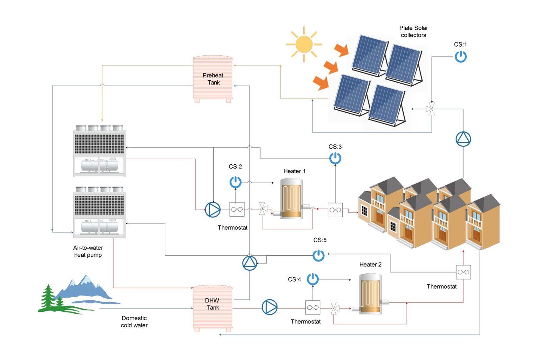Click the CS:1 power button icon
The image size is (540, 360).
pyautogui.click(x=460, y=56)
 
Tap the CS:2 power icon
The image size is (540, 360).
pyautogui.click(x=235, y=182)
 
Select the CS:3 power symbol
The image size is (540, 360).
pyautogui.click(x=335, y=158)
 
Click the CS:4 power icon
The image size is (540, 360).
pyautogui.click(x=313, y=279)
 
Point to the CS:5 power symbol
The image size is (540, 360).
pyautogui.click(x=319, y=255)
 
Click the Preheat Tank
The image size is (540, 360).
pyautogui.click(x=213, y=79)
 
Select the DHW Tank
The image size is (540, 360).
pyautogui.click(x=213, y=307)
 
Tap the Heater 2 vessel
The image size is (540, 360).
pyautogui.click(x=370, y=294)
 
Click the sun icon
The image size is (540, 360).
pyautogui.click(x=304, y=44)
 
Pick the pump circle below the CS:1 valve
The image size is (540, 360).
pyautogui.click(x=463, y=139)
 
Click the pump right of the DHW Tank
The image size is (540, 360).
pyautogui.click(x=269, y=307)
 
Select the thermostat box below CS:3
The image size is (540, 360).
pyautogui.click(x=335, y=210)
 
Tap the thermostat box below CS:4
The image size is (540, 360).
pyautogui.click(x=313, y=307)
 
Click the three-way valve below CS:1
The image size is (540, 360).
pyautogui.click(x=431, y=109)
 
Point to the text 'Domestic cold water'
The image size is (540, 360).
pyautogui.click(x=134, y=322)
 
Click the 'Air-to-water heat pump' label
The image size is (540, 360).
pyautogui.click(x=88, y=251)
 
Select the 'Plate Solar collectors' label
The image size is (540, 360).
pyautogui.click(x=413, y=31)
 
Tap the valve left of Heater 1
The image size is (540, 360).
pyautogui.click(x=263, y=209)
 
